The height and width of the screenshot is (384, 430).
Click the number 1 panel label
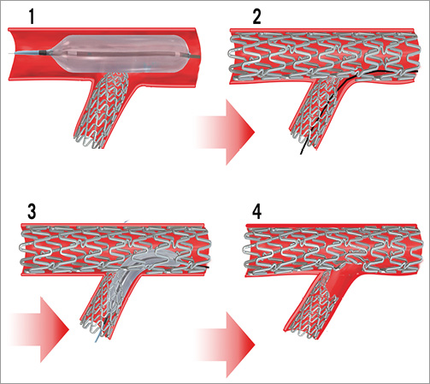(32, 16)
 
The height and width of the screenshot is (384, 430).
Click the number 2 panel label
(256, 16)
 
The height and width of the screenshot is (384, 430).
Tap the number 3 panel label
(32, 211)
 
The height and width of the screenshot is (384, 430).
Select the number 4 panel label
(257, 211)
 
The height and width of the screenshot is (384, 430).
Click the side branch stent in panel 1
(102, 109)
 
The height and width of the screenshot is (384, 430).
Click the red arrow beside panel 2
(225, 132)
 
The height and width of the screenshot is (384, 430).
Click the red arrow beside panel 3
(39, 329)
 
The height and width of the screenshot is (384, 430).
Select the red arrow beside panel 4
(225, 345)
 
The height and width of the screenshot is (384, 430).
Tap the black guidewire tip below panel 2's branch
(301, 153)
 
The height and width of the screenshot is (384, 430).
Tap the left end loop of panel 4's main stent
(245, 251)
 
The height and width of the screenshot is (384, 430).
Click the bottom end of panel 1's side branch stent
(88, 143)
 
